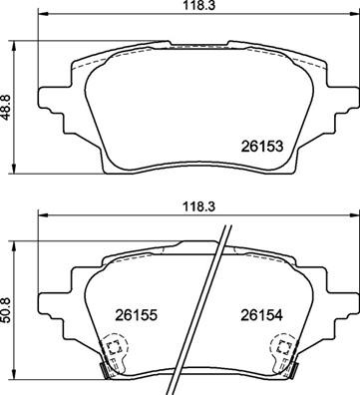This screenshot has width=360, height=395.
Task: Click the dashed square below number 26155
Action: click(114, 349)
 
